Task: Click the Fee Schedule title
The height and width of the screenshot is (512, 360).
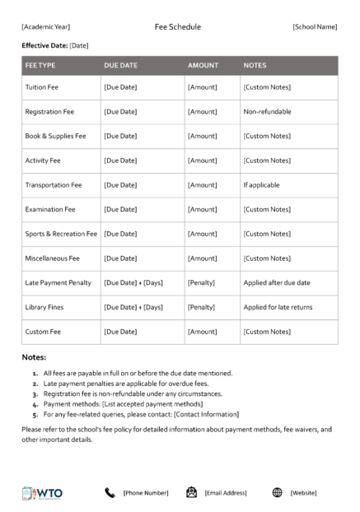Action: (177, 27)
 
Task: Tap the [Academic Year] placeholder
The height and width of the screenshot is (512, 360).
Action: (46, 27)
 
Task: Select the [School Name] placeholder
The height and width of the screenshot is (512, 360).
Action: (314, 27)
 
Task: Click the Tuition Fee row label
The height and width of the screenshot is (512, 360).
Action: (41, 87)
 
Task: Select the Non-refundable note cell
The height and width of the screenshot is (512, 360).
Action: (267, 112)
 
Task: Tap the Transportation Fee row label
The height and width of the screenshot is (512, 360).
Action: (54, 185)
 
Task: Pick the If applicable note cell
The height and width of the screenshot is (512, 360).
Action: (262, 185)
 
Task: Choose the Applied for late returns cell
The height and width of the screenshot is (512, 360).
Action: (278, 307)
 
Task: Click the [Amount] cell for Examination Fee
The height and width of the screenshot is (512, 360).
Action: (202, 210)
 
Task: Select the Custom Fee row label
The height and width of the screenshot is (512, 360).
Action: (43, 332)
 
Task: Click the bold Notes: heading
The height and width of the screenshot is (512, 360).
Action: (34, 358)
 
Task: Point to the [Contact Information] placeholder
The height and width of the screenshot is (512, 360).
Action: (206, 414)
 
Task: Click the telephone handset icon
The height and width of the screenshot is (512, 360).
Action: (110, 492)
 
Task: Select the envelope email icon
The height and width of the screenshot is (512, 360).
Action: (191, 492)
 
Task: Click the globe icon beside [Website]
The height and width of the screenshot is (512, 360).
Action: (277, 492)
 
